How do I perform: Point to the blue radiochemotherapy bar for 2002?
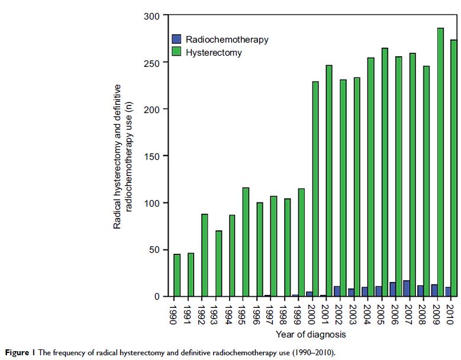(x=336, y=291)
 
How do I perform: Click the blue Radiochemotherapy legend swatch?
(x=176, y=40)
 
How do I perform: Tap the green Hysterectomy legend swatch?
(x=176, y=52)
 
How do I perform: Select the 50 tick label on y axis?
(x=154, y=250)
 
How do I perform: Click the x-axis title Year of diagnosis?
(x=311, y=335)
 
